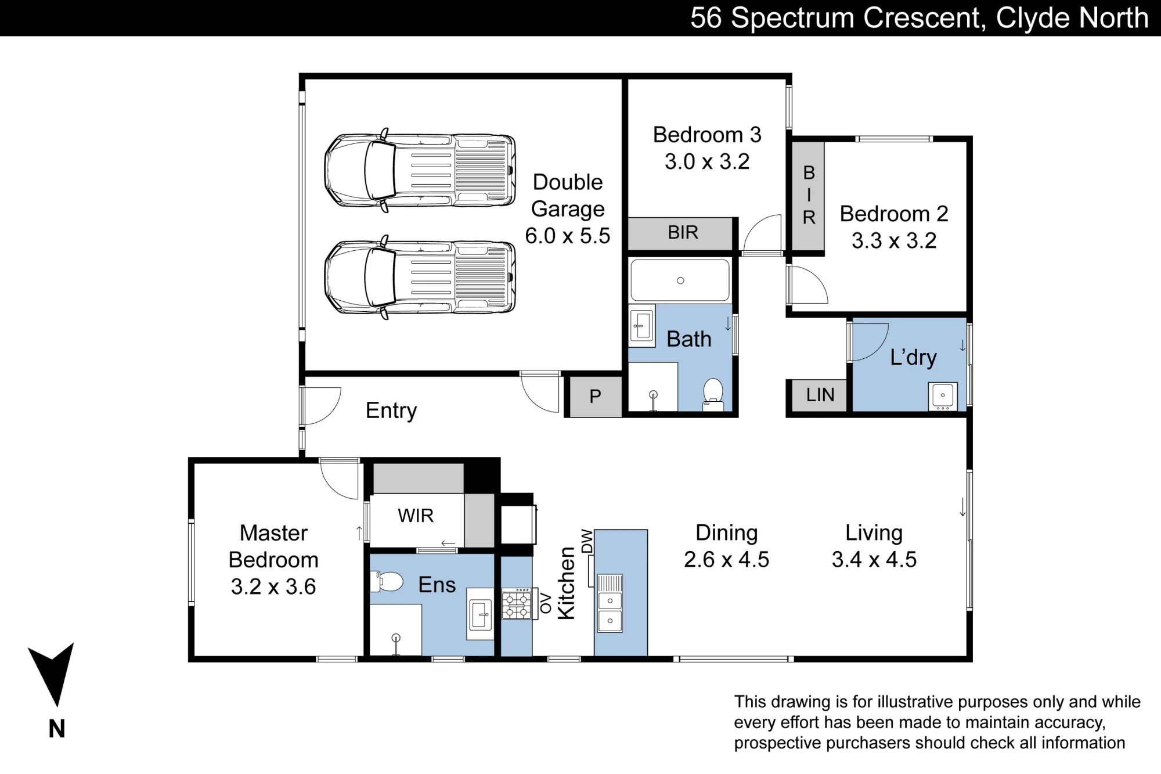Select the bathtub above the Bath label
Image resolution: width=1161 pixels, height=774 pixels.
pyautogui.click(x=680, y=280)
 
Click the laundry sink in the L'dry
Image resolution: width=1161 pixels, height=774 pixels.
pyautogui.click(x=943, y=396)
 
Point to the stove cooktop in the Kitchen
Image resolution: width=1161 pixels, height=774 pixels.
pyautogui.click(x=517, y=604)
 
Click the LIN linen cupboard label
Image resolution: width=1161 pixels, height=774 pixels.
pyautogui.click(x=820, y=395)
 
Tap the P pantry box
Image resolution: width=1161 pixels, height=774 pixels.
pyautogui.click(x=595, y=397)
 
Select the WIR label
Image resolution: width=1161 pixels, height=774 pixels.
pyautogui.click(x=416, y=516)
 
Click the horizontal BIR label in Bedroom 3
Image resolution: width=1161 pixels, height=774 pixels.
pyautogui.click(x=683, y=232)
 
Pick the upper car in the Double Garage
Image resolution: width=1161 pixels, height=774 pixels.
pyautogui.click(x=420, y=171)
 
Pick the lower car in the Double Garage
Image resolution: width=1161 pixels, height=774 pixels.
pyautogui.click(x=420, y=278)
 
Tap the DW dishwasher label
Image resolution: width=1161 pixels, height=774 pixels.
pyautogui.click(x=587, y=541)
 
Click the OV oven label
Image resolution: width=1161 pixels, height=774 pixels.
pyautogui.click(x=546, y=604)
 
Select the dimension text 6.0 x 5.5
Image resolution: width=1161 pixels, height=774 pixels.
pyautogui.click(x=568, y=236)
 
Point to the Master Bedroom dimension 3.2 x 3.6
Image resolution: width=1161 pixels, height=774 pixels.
pyautogui.click(x=273, y=586)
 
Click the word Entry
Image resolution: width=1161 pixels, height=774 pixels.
pyautogui.click(x=391, y=411)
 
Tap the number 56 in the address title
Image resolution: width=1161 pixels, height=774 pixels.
pyautogui.click(x=706, y=18)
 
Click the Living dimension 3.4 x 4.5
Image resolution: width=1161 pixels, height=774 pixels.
pyautogui.click(x=874, y=560)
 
